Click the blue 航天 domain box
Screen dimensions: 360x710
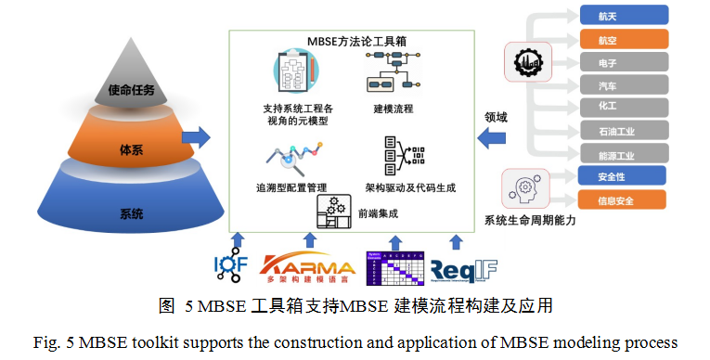[623, 15]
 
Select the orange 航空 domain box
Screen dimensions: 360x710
[623, 39]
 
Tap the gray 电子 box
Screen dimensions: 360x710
[623, 62]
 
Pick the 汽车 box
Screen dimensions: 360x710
[623, 85]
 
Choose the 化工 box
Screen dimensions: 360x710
[623, 108]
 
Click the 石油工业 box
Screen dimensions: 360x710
[623, 131]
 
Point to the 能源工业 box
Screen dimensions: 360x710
[623, 153]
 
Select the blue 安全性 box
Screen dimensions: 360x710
[623, 175]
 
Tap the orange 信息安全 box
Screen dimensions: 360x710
[623, 199]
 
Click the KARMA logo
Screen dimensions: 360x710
[307, 267]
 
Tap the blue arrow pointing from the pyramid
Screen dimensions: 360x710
[195, 137]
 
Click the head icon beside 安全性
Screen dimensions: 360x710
[521, 189]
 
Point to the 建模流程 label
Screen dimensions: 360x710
[394, 109]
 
